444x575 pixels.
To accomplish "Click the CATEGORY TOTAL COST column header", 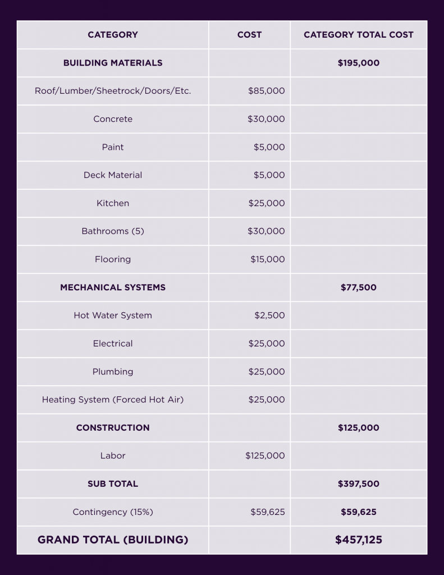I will click(x=358, y=35).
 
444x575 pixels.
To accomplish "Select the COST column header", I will click(x=249, y=35).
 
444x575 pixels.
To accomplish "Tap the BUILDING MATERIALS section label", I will click(x=113, y=63).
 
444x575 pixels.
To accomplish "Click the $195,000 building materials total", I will click(x=358, y=63).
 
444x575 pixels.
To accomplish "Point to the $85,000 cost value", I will click(x=266, y=91).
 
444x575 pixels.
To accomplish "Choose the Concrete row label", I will click(x=113, y=119).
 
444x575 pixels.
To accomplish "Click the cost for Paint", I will click(x=269, y=147).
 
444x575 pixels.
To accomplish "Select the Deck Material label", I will click(x=113, y=175).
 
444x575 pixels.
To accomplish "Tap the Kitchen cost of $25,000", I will click(x=266, y=203).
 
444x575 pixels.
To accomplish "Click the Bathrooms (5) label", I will click(x=113, y=231).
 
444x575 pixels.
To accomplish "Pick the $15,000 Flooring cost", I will click(x=267, y=259).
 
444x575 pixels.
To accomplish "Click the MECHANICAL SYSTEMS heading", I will click(x=113, y=287).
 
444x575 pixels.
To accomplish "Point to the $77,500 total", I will click(x=358, y=287).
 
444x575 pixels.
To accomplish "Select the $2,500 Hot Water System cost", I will click(x=269, y=316).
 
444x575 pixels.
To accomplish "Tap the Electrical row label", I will click(x=113, y=344).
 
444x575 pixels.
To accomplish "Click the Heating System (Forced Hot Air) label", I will click(x=113, y=400).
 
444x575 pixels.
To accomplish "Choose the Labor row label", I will click(x=113, y=456).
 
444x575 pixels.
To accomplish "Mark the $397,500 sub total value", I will click(x=358, y=484).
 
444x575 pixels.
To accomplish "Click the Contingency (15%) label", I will click(x=113, y=512).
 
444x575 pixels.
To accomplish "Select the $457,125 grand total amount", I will click(x=358, y=540).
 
